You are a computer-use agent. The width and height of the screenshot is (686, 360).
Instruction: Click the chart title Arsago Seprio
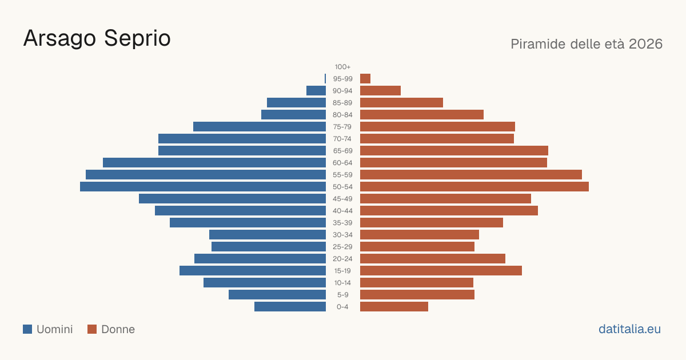click(x=97, y=39)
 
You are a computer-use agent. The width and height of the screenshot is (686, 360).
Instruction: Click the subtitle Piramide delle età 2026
click(x=587, y=44)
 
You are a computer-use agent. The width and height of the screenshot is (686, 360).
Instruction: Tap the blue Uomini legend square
click(x=27, y=329)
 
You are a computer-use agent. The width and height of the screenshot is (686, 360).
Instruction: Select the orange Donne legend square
click(x=92, y=329)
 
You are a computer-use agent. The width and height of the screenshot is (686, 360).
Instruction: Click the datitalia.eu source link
click(x=629, y=329)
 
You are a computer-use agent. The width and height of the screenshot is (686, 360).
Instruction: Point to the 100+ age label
click(x=342, y=67)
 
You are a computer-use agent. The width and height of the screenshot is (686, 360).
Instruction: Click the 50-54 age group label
click(x=342, y=187)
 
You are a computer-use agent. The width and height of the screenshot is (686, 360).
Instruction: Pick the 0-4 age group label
click(x=342, y=307)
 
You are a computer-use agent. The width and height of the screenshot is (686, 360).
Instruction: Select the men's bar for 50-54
click(x=203, y=187)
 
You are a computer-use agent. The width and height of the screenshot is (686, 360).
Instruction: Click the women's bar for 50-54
click(x=474, y=187)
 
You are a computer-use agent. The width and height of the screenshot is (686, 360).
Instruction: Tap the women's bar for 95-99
click(x=365, y=79)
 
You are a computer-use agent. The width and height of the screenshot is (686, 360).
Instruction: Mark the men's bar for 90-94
click(x=316, y=91)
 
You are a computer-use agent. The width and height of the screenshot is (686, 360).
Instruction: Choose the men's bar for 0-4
click(x=290, y=307)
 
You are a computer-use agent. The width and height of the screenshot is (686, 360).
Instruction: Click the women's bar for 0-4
click(x=394, y=307)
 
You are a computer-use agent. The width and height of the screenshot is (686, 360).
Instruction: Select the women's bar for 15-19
click(x=441, y=271)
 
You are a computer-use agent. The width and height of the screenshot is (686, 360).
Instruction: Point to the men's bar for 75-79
click(x=260, y=127)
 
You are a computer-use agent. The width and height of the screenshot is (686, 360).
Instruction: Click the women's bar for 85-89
click(x=401, y=102)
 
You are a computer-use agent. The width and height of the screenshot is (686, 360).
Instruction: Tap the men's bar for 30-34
click(x=268, y=235)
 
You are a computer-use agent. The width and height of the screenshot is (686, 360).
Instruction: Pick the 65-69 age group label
click(x=342, y=151)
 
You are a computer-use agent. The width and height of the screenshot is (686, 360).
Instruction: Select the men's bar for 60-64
click(x=214, y=162)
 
